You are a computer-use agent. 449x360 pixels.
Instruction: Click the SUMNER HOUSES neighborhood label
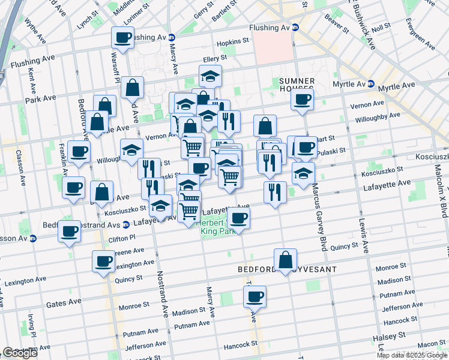pos(297,85)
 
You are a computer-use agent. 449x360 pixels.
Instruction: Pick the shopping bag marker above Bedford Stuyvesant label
pos(286,260)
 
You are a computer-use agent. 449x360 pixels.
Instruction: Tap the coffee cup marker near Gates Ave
pos(255,296)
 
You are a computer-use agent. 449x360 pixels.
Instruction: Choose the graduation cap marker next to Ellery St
pos(211,76)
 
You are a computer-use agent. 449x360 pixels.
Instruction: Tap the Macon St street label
pos(431,344)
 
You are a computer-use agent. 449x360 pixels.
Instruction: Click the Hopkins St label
pos(233,41)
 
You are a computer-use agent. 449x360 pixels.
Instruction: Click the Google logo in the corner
pos(20,353)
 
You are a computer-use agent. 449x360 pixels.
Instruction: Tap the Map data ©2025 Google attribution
pos(412,355)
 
